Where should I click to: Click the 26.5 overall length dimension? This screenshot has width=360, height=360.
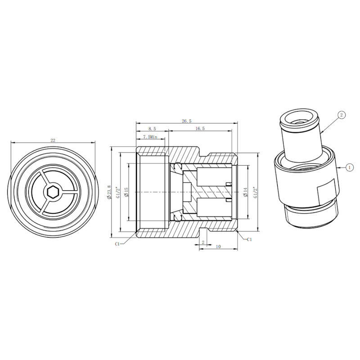[186, 121]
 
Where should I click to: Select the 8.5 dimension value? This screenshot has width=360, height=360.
[152, 129]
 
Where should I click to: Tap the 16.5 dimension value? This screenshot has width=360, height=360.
[200, 129]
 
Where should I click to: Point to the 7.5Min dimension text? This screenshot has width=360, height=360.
[150, 137]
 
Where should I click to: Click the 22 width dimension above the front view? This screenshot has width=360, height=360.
[53, 140]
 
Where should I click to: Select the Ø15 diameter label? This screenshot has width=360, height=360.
[126, 192]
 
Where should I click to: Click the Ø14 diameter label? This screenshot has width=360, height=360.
[245, 192]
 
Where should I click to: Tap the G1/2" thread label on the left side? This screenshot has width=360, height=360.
[118, 193]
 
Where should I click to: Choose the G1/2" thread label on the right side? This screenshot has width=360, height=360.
[255, 193]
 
